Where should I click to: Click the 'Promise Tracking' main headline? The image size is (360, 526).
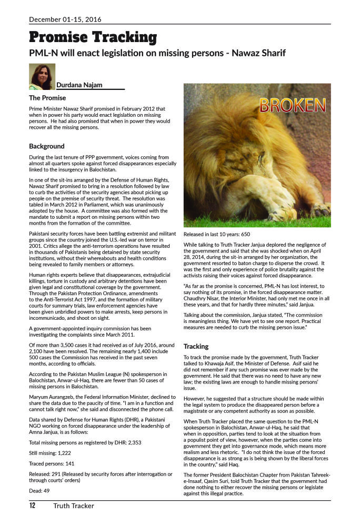click(x=93, y=37)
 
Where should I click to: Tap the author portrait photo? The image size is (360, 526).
click(x=42, y=76)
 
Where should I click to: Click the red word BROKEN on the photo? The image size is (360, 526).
click(x=292, y=105)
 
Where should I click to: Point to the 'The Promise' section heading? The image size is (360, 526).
click(x=47, y=98)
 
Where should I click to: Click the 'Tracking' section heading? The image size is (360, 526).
click(x=196, y=347)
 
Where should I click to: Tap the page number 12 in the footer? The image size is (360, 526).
click(x=32, y=506)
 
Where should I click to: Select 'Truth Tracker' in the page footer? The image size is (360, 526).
click(x=73, y=506)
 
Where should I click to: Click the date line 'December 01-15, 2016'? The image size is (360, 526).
click(x=65, y=19)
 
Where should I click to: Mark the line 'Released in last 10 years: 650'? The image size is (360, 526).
click(x=216, y=234)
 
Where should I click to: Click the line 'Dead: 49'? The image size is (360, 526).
click(x=39, y=491)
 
